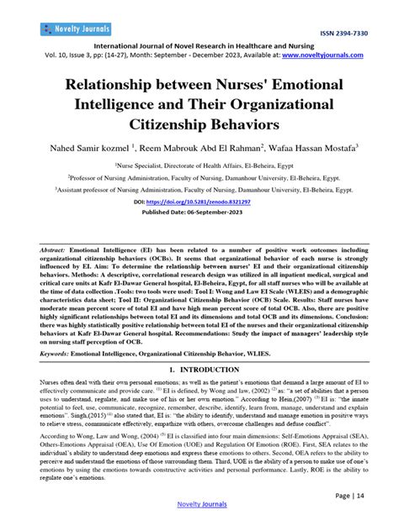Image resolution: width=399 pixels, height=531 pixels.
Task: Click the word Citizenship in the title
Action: click(153, 125)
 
